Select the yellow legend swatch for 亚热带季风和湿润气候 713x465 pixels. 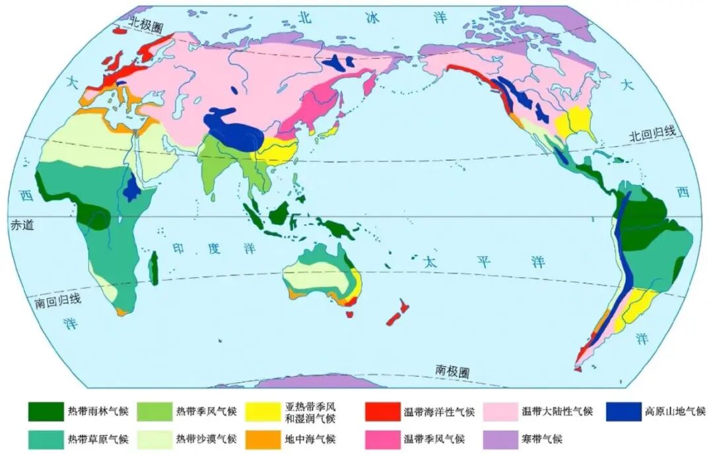(262, 412)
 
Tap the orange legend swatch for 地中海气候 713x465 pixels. (262, 439)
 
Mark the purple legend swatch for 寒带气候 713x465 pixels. (500, 439)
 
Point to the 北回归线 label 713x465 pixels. (652, 135)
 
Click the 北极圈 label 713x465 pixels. (145, 24)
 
